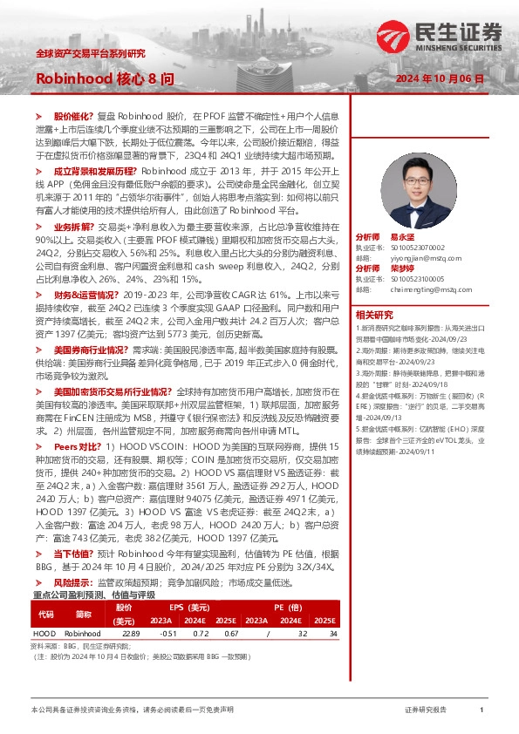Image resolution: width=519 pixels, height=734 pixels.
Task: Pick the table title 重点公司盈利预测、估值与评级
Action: (93, 594)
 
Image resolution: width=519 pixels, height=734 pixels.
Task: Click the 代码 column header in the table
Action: (46, 614)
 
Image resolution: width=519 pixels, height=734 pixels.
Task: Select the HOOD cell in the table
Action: (44, 634)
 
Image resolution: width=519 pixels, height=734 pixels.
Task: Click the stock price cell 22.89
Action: (132, 634)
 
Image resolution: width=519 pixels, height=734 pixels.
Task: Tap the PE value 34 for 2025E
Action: (333, 634)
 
